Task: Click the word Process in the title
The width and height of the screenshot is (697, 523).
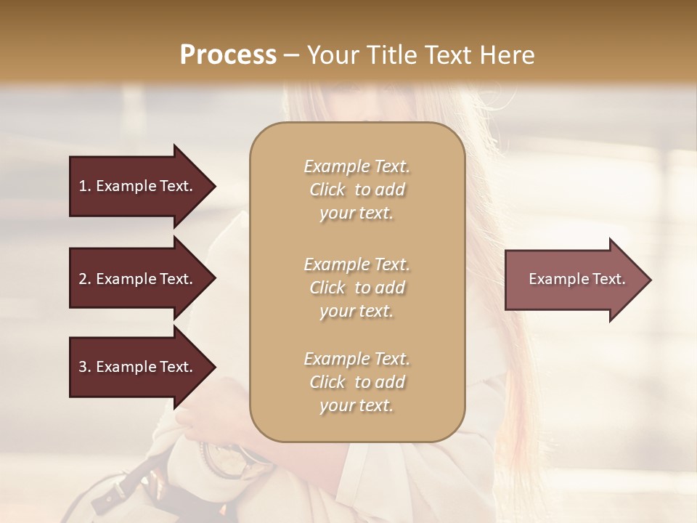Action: click(x=228, y=55)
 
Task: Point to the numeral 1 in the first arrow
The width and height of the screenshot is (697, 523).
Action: click(x=82, y=186)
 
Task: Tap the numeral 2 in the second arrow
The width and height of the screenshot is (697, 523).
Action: click(x=83, y=279)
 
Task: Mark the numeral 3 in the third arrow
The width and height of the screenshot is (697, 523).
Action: click(x=83, y=367)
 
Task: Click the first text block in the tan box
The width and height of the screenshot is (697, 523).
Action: click(x=356, y=190)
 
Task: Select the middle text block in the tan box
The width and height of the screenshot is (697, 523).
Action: click(x=356, y=288)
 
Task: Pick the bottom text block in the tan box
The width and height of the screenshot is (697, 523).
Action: click(x=356, y=382)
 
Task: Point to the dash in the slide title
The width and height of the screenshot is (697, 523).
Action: click(x=292, y=55)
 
